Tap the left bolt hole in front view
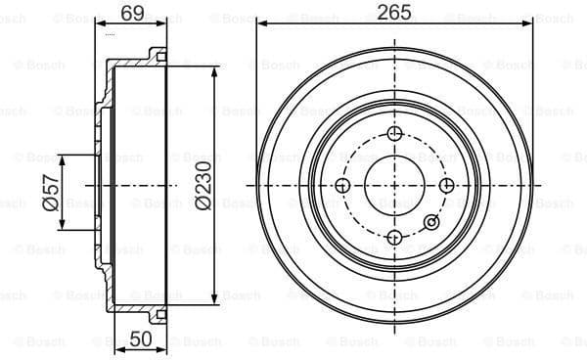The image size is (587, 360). [342, 186]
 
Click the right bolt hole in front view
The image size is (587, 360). [446, 186]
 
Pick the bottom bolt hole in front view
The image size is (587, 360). [393, 238]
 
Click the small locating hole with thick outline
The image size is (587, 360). [430, 223]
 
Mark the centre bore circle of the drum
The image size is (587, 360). [393, 186]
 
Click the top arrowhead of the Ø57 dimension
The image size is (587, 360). [66, 157]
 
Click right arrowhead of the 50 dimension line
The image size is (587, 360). [166, 349]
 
